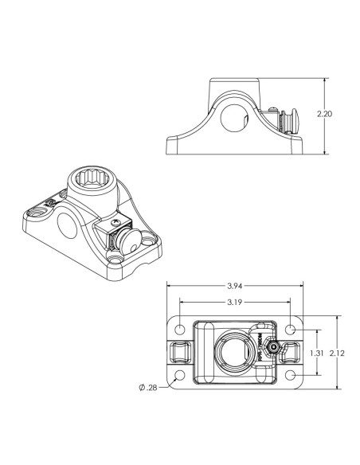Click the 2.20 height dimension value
tap(325, 115)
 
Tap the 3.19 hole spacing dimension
tap(235, 302)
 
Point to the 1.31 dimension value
tap(317, 351)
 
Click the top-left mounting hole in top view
tap(181, 329)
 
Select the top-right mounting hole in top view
tap(291, 329)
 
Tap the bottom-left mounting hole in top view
tap(181, 374)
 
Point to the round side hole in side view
tap(233, 119)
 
